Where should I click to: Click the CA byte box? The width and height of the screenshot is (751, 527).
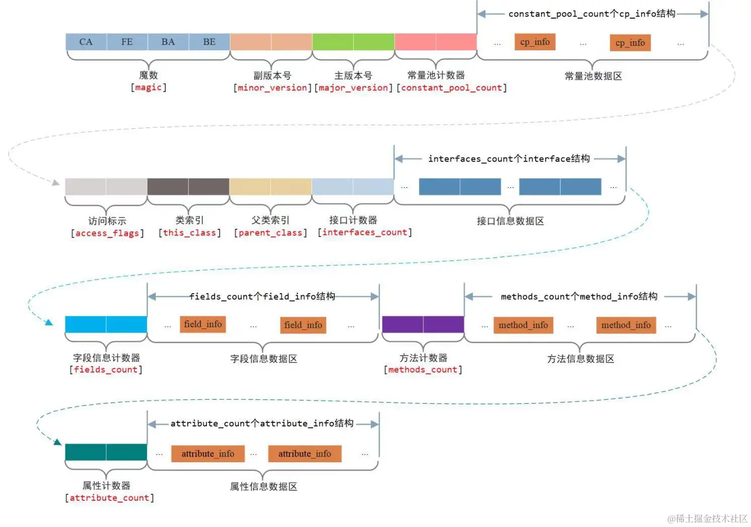pos(86,42)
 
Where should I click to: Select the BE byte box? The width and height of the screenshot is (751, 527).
pos(209,42)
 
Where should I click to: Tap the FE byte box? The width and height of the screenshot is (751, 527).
pos(127,42)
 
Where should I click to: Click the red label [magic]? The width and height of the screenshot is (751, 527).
pos(148,87)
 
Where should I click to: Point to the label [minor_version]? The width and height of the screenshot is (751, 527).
pos(272,88)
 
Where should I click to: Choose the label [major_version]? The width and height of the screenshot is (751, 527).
pos(353,88)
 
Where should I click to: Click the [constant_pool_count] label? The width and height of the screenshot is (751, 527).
pos(452,88)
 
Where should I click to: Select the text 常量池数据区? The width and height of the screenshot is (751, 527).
pos(593,76)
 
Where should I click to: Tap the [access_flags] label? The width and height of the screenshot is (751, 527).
pos(107,233)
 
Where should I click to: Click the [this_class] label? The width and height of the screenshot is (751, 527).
pos(190,233)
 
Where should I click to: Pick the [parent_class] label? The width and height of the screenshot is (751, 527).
pos(270,233)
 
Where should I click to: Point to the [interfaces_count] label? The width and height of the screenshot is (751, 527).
pos(365,232)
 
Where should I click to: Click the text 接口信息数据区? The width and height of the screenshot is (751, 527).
pos(510,221)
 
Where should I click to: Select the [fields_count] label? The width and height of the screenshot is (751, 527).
pos(106,370)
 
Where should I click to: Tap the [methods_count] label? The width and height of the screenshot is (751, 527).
pos(423,370)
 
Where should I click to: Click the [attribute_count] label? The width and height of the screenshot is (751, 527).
pos(109,498)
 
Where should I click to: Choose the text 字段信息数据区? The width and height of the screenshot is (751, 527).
pos(263,359)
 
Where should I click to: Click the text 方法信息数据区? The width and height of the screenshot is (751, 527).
pos(580,359)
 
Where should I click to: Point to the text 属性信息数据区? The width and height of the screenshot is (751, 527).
pos(263,487)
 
